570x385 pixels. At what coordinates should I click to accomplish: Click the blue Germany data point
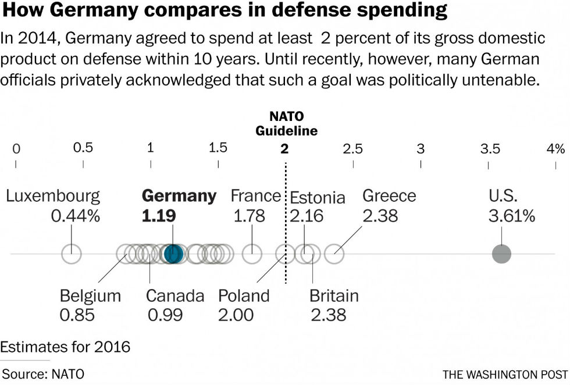(173, 254)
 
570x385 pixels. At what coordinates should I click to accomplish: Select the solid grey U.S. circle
(501, 254)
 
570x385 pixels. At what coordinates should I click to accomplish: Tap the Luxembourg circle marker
(72, 254)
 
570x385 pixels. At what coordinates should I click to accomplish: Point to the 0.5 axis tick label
(83, 148)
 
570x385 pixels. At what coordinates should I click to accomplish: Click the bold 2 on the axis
(284, 148)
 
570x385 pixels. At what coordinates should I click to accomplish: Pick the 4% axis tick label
(555, 148)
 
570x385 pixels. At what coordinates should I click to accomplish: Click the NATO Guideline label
(287, 124)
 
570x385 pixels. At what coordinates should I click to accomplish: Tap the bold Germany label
(179, 196)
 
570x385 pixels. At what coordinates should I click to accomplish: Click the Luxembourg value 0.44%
(76, 216)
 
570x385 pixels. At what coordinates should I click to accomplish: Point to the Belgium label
(90, 296)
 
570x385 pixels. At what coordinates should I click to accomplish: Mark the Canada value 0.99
(165, 315)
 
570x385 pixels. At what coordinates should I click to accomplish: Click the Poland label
(244, 296)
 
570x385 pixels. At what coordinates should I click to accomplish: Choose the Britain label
(334, 296)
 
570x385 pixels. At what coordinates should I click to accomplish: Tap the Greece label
(389, 196)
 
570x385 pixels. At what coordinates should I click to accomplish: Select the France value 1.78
(249, 216)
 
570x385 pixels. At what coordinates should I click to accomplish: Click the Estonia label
(318, 198)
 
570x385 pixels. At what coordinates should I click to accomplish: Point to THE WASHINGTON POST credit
(504, 374)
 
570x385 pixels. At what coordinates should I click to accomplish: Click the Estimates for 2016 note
(65, 348)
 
